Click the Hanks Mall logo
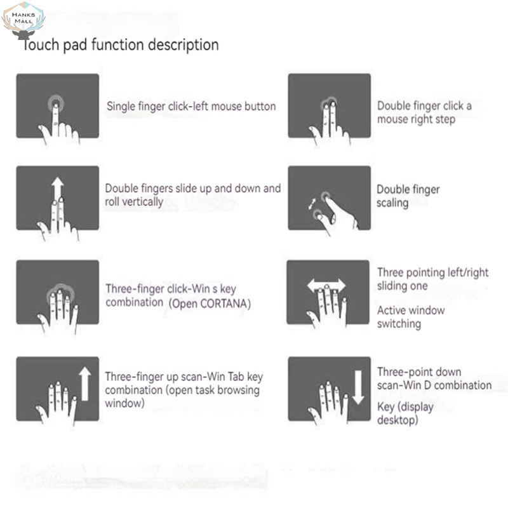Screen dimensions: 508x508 point(23,20)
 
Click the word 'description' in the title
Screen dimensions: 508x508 point(184,44)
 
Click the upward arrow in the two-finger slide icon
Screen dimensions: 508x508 point(58,189)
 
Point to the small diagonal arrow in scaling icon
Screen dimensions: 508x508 point(312,203)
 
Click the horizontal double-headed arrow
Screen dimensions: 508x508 point(326,285)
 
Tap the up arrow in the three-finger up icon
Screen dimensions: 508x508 point(85,384)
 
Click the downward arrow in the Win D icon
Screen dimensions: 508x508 point(358,387)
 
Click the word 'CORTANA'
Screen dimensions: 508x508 point(224,304)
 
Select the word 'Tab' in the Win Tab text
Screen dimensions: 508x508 point(236,377)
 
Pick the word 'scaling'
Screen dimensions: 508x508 point(392,203)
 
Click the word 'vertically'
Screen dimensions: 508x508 point(143,202)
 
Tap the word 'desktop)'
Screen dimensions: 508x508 point(398,420)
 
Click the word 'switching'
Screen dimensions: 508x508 point(399,324)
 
